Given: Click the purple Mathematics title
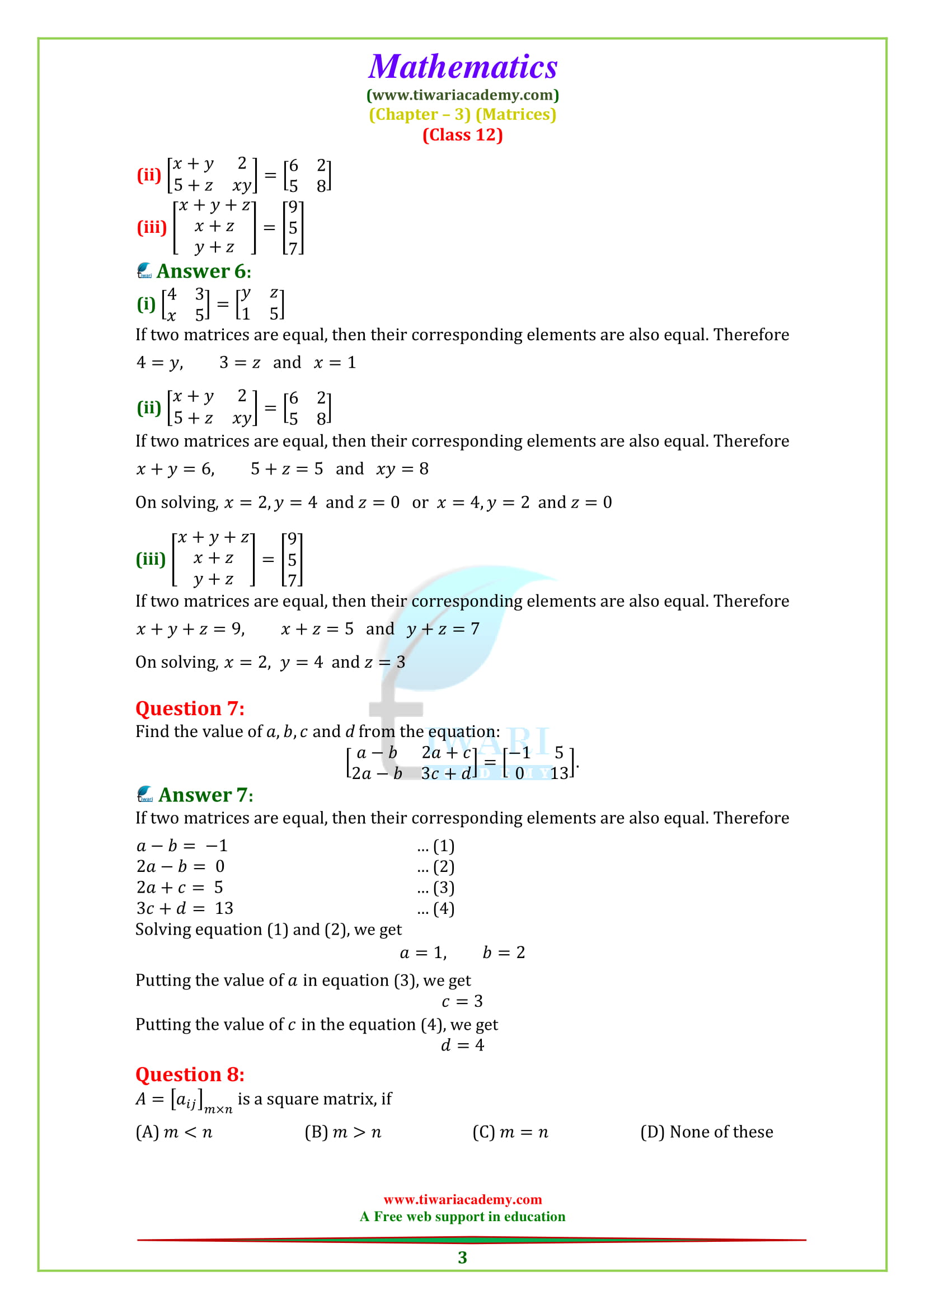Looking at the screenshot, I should [x=462, y=67].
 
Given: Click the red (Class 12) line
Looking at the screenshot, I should [x=462, y=135].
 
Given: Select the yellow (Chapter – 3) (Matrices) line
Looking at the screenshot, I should [x=462, y=115].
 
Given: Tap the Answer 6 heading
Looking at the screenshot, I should [x=204, y=271].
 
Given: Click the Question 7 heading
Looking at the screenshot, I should [x=190, y=709].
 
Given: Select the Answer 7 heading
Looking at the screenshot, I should [x=206, y=795].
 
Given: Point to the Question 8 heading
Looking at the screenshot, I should [x=190, y=1075].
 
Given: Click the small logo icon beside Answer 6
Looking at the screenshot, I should [x=145, y=270].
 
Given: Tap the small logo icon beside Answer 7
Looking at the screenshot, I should [x=145, y=794].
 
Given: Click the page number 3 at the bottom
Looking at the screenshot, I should [x=462, y=1258].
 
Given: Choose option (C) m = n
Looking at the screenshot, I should [x=510, y=1132].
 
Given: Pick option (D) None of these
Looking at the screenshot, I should [x=707, y=1132].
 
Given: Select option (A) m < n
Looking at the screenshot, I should [x=174, y=1132].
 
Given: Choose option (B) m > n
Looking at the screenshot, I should [x=342, y=1132].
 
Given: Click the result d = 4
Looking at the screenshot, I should [x=462, y=1045].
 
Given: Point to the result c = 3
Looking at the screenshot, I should [x=462, y=1002].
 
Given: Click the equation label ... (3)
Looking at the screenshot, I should [x=435, y=888].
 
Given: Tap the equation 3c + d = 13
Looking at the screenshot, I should [x=185, y=909].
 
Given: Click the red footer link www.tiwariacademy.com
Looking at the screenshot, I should [x=462, y=1199].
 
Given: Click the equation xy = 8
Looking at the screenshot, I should [x=402, y=469].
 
